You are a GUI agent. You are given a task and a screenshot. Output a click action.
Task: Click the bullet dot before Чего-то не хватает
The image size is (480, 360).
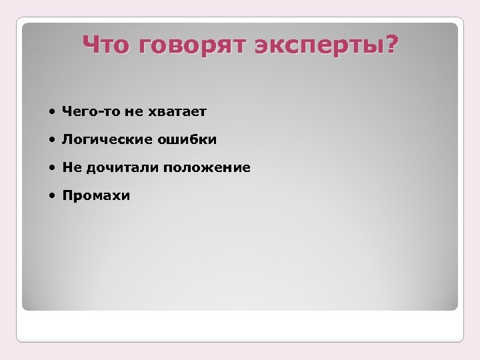coord(52,112)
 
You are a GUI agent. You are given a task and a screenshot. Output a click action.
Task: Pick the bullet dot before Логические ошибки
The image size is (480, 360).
coord(52,140)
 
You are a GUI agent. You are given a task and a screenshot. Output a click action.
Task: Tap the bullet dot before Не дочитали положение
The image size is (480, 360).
coord(52,168)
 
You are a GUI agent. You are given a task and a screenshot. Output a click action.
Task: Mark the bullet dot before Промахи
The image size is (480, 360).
coord(52,196)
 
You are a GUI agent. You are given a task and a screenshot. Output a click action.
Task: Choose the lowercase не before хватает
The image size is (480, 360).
coord(133,112)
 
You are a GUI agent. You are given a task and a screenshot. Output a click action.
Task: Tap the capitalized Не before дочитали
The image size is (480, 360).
coord(71,168)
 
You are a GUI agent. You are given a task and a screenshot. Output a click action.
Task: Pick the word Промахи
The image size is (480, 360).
coord(96,196)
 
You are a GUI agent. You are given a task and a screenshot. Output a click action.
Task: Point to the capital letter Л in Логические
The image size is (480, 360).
coord(67,140)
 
